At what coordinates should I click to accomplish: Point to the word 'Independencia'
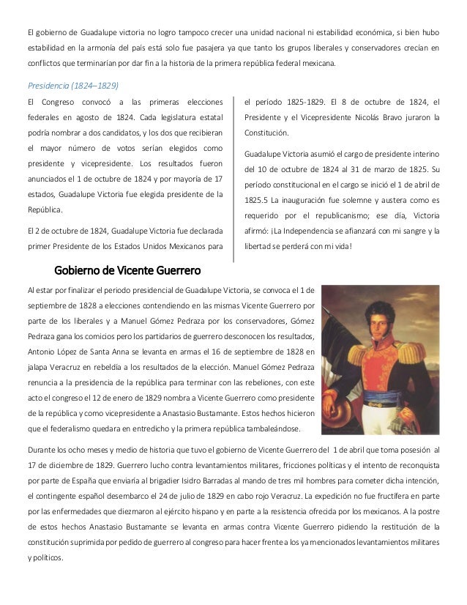tap(315, 232)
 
